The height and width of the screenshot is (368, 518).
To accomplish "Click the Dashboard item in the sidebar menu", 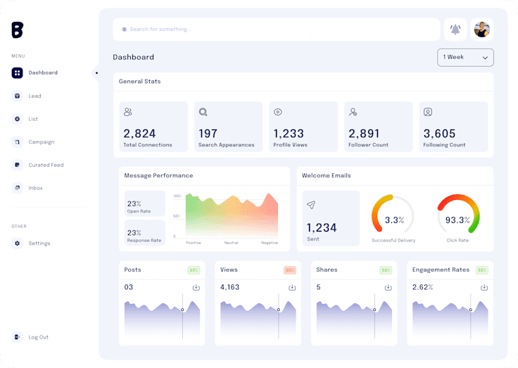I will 42,73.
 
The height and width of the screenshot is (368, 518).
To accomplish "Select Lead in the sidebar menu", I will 34,96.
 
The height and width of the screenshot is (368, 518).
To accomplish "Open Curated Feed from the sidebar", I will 46,165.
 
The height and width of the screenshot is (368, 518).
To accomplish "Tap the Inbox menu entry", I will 35,189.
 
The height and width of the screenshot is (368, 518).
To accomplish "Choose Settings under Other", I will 39,243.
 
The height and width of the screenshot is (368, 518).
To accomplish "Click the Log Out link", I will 38,337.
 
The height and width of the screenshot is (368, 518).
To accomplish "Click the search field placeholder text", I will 160,30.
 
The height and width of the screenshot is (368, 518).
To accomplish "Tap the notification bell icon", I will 455,30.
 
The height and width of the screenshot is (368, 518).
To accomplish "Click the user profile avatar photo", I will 482,30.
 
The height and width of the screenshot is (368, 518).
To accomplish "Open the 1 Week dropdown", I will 465,57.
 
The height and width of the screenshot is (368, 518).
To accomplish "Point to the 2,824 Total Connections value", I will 139,134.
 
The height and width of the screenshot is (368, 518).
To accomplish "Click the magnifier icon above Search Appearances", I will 203,112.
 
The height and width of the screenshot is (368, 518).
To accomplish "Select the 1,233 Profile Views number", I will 289,134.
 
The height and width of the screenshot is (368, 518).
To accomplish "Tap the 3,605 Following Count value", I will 439,134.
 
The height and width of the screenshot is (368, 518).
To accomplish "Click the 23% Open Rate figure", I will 134,204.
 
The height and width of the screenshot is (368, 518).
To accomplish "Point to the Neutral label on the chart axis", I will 232,243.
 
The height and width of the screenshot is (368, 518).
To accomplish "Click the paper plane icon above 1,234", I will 311,205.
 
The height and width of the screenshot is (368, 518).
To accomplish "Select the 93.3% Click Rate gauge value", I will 457,220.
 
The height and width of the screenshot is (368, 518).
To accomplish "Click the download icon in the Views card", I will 292,287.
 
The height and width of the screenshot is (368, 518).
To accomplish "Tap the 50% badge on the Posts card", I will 194,270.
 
